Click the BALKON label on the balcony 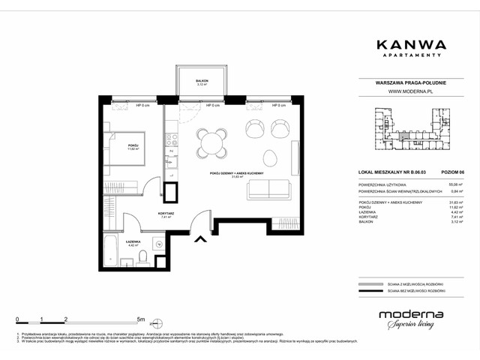pyautogui.click(x=202, y=79)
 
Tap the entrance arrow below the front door pyautogui.click(x=200, y=240)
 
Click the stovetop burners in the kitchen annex pyautogui.click(x=170, y=139)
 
